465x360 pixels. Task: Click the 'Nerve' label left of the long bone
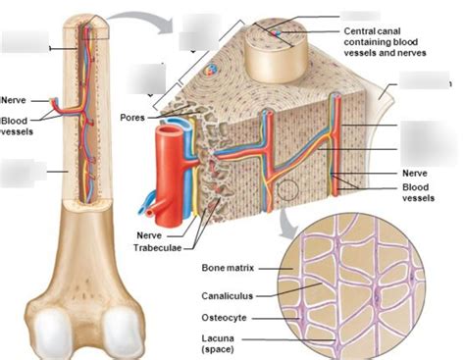pos(15,100)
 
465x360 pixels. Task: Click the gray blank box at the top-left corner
pos(23,41)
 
